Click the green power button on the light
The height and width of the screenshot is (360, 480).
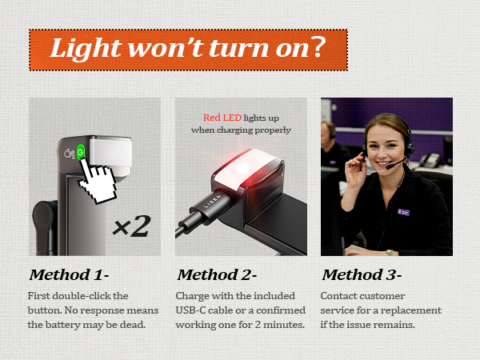[81, 152]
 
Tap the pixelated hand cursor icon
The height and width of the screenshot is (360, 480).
[98, 181]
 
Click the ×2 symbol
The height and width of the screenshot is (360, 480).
[132, 226]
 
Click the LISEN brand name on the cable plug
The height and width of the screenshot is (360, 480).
[213, 201]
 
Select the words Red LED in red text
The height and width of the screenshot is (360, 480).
[222, 118]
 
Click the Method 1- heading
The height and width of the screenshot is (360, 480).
[69, 274]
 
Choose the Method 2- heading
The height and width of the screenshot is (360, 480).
[217, 274]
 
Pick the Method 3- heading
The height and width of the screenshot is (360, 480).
[362, 274]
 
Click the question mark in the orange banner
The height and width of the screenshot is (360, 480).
[314, 47]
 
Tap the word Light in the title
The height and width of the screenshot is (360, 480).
[86, 48]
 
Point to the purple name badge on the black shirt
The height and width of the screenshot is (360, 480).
[403, 211]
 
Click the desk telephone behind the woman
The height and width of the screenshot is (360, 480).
[430, 160]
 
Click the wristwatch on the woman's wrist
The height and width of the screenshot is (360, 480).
[390, 253]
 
